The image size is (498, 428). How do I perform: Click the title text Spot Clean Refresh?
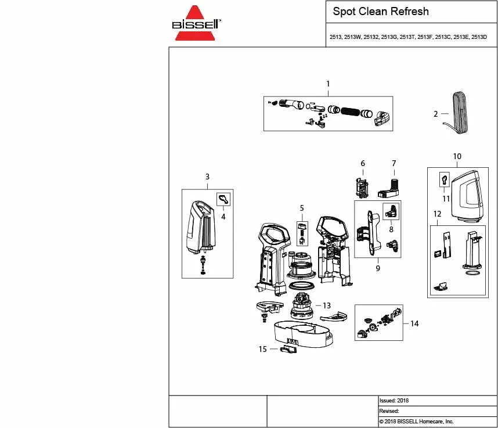tap(381, 12)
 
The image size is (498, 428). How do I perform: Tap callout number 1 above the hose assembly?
tap(328, 84)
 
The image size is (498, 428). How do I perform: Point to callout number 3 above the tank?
tap(207, 177)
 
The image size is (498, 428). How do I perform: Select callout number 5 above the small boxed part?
tap(302, 208)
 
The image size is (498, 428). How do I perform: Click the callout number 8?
tap(391, 229)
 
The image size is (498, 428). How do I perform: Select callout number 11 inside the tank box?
tap(446, 198)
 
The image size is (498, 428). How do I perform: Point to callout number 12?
tap(437, 214)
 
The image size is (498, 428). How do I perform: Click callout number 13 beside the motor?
tap(327, 305)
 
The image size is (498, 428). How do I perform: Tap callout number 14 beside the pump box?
tap(414, 323)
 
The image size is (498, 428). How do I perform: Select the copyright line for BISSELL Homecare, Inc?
tap(416, 422)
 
